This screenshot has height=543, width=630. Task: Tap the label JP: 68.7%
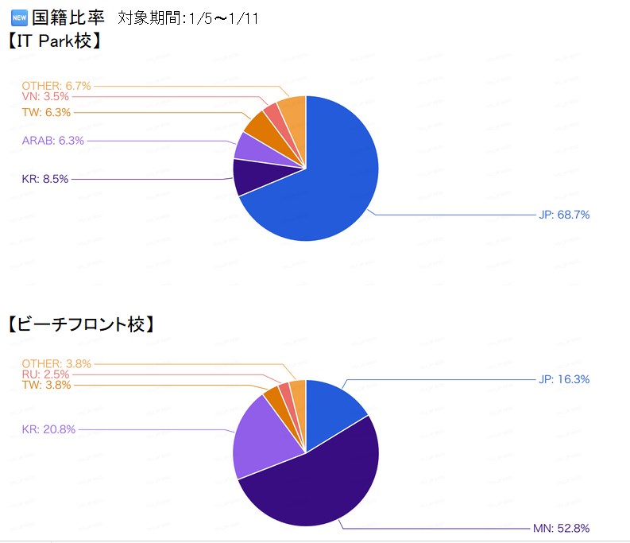563,215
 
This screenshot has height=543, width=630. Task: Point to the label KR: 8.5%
45,179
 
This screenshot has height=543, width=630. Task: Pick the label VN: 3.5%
46,96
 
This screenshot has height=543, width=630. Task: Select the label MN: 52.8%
561,528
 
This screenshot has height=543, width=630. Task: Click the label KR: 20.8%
48,429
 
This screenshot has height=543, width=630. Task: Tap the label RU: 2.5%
46,374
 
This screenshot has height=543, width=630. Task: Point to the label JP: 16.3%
563,379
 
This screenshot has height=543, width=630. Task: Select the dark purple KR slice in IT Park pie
249,176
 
